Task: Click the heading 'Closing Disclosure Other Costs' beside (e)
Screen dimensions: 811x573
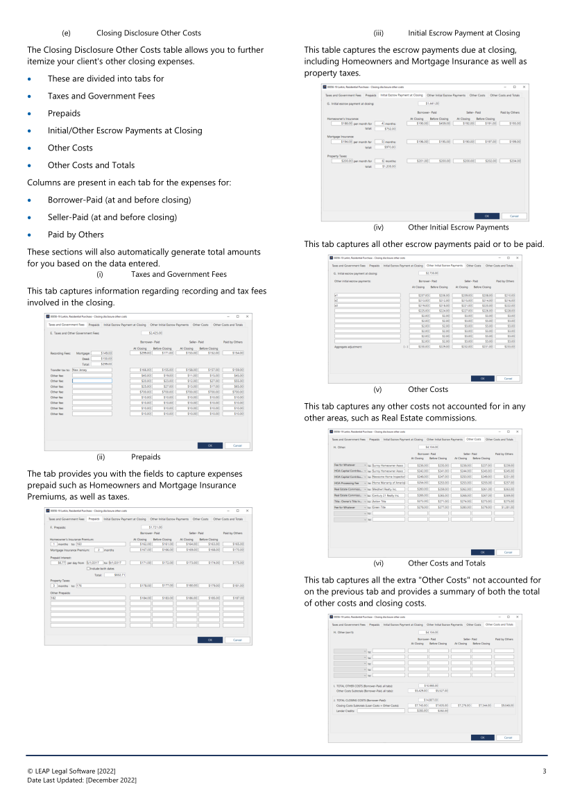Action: (148, 33)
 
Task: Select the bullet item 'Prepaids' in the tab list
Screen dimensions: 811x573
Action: (64, 113)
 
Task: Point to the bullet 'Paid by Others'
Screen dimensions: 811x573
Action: (76, 234)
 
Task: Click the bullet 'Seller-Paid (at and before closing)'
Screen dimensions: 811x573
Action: (112, 217)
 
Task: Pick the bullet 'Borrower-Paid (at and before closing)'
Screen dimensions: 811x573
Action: (119, 200)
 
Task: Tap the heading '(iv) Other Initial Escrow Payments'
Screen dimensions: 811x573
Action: (458, 227)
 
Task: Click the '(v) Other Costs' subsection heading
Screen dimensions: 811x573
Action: (428, 389)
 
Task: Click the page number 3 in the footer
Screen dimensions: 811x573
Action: (545, 771)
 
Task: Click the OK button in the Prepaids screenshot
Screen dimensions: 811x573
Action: (210, 640)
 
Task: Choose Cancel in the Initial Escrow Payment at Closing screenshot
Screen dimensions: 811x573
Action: (514, 216)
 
